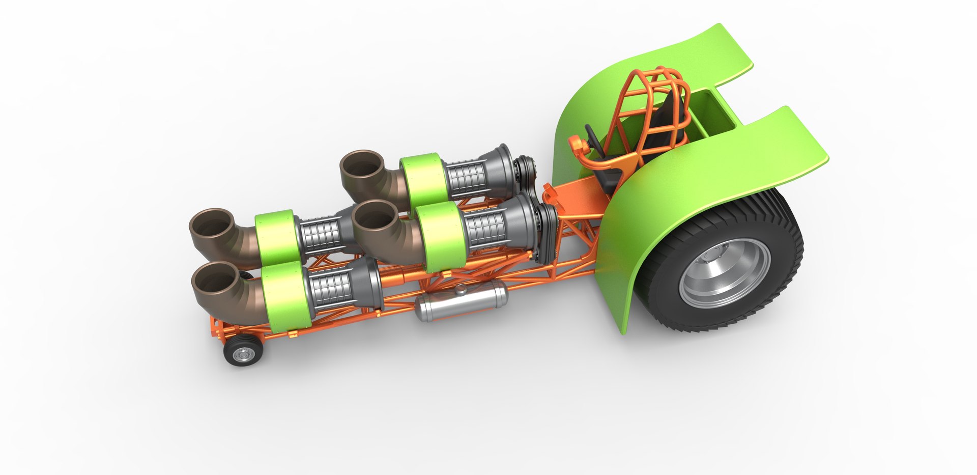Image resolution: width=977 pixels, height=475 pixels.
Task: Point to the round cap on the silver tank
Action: coord(461,290)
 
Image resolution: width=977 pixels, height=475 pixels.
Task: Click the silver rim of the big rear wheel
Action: coord(725,272)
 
